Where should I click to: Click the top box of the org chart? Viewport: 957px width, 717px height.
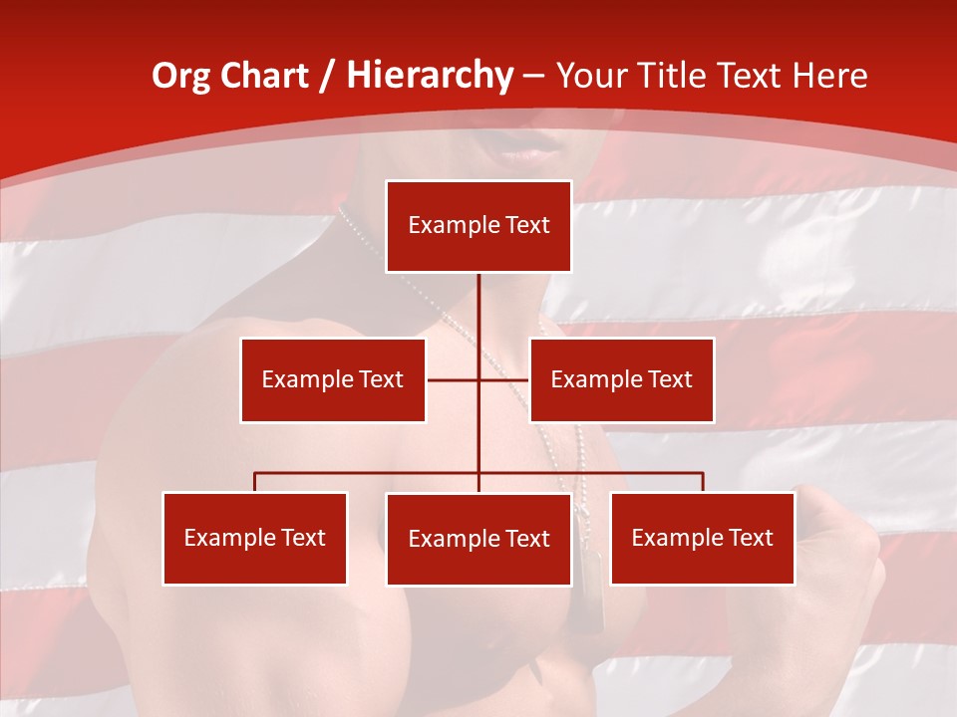pyautogui.click(x=478, y=226)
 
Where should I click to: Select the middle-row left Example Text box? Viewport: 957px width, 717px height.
pyautogui.click(x=333, y=379)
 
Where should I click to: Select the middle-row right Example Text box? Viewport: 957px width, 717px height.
pyautogui.click(x=621, y=379)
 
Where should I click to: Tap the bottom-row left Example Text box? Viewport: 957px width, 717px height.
pyautogui.click(x=255, y=538)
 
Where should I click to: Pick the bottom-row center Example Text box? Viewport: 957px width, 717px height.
pyautogui.click(x=478, y=539)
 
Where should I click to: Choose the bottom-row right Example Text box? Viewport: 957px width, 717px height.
pyautogui.click(x=702, y=538)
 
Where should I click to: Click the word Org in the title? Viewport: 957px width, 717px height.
pyautogui.click(x=180, y=76)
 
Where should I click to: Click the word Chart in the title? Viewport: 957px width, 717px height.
pyautogui.click(x=264, y=76)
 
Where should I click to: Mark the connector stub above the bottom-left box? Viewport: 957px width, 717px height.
pyautogui.click(x=255, y=482)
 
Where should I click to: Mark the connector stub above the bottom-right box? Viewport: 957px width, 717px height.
pyautogui.click(x=703, y=482)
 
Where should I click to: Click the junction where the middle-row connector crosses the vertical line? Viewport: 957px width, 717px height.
pyautogui.click(x=479, y=379)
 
